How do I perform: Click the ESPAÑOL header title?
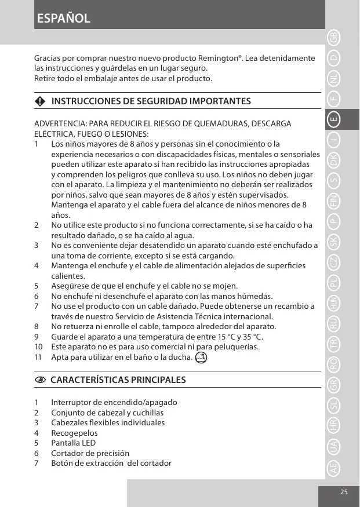(63, 18)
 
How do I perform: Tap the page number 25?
(344, 492)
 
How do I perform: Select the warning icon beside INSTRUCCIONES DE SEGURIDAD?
(39, 101)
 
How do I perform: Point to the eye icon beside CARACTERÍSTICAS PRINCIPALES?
(39, 380)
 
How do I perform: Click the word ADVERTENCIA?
(59, 124)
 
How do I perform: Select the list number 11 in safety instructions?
(38, 357)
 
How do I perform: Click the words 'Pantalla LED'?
(74, 443)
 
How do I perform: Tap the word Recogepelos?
(74, 433)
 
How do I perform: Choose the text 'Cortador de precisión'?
(90, 453)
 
